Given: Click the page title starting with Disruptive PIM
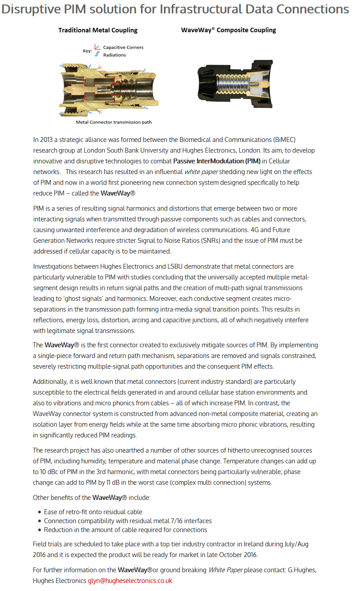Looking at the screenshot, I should [x=175, y=9].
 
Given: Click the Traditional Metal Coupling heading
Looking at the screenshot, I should [x=98, y=30].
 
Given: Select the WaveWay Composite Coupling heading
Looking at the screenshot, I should [x=228, y=30].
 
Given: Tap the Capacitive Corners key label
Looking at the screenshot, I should [x=123, y=47].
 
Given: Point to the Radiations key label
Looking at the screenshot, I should [x=114, y=55].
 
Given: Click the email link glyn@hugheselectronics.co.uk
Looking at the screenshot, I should [x=130, y=581].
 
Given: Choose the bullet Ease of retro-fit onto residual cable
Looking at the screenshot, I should [x=93, y=512].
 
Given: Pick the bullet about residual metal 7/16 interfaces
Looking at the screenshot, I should [x=128, y=521].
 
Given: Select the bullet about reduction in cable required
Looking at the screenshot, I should [x=126, y=530].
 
